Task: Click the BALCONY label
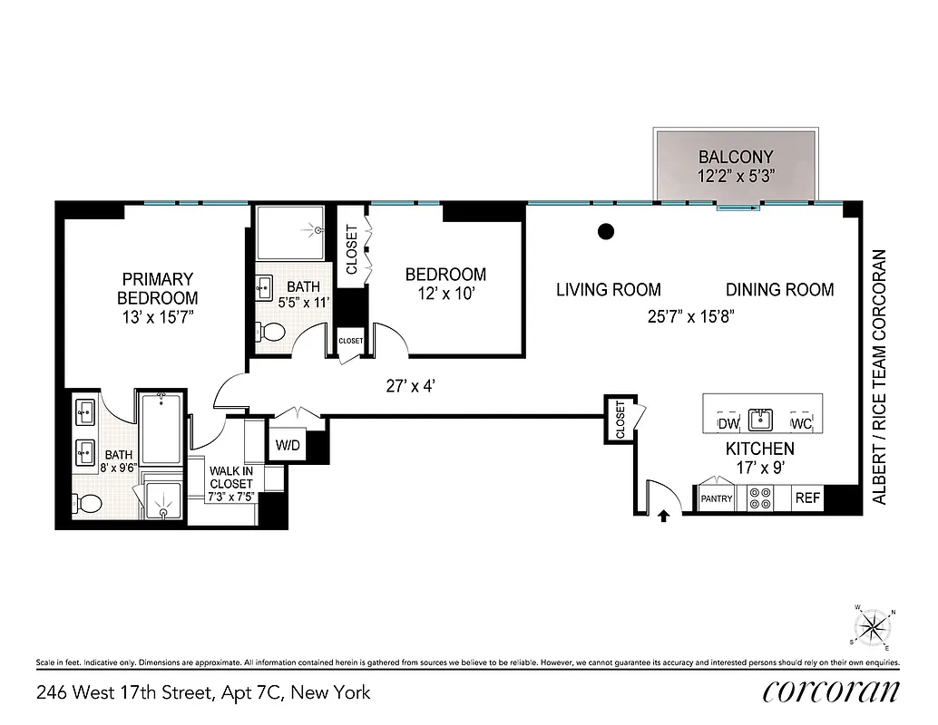point(735,157)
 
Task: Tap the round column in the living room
point(606,232)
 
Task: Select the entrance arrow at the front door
point(663,517)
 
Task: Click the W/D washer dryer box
point(289,446)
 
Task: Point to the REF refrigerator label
point(807,498)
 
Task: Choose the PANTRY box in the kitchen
point(717,498)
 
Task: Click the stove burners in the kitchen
point(760,498)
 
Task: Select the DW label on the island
point(728,424)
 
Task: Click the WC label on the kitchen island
point(800,424)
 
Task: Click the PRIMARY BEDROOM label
point(158,288)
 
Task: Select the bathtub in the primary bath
point(161,428)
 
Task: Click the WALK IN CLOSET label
point(230,478)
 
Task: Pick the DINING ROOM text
point(779,290)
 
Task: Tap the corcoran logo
point(831,691)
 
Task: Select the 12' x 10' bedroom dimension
point(445,295)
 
